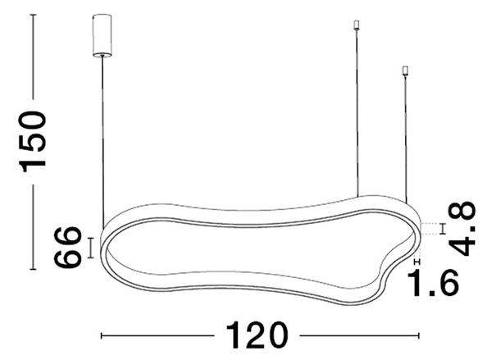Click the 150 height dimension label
coord(33,141)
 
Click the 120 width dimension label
coord(257,335)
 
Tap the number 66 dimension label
coord(67,248)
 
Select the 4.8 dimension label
coord(462,229)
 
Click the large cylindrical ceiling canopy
coord(102,35)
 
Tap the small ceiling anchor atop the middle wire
coord(356,25)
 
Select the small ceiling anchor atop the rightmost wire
coord(405,71)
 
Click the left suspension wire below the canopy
coord(102,143)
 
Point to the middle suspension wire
coord(357,113)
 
